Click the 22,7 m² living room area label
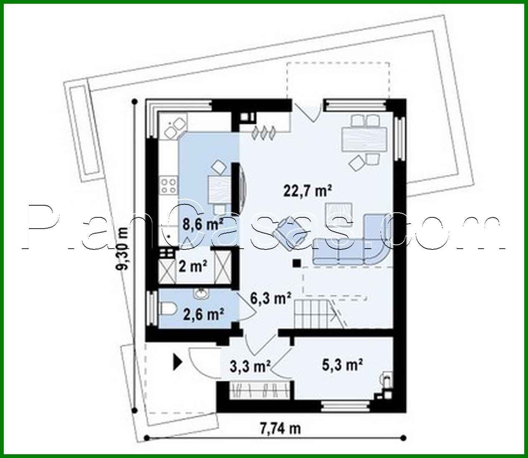[308, 191]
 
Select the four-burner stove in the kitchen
[168, 186]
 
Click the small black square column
[296, 263]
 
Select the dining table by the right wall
[365, 139]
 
